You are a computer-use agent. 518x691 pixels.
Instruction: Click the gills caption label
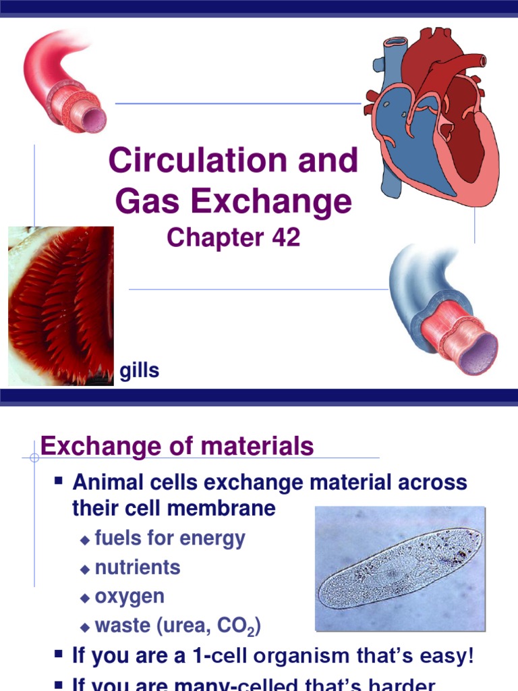point(140,370)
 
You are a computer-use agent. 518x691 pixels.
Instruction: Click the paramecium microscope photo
point(400,568)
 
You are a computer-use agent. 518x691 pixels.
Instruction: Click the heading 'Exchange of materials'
point(177,446)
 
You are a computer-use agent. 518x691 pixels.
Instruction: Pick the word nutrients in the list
point(138,568)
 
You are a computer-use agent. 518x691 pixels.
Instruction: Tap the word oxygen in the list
point(129,597)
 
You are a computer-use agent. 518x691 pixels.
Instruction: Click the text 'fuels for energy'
point(170,538)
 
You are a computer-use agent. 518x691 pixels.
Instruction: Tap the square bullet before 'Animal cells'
point(59,482)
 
